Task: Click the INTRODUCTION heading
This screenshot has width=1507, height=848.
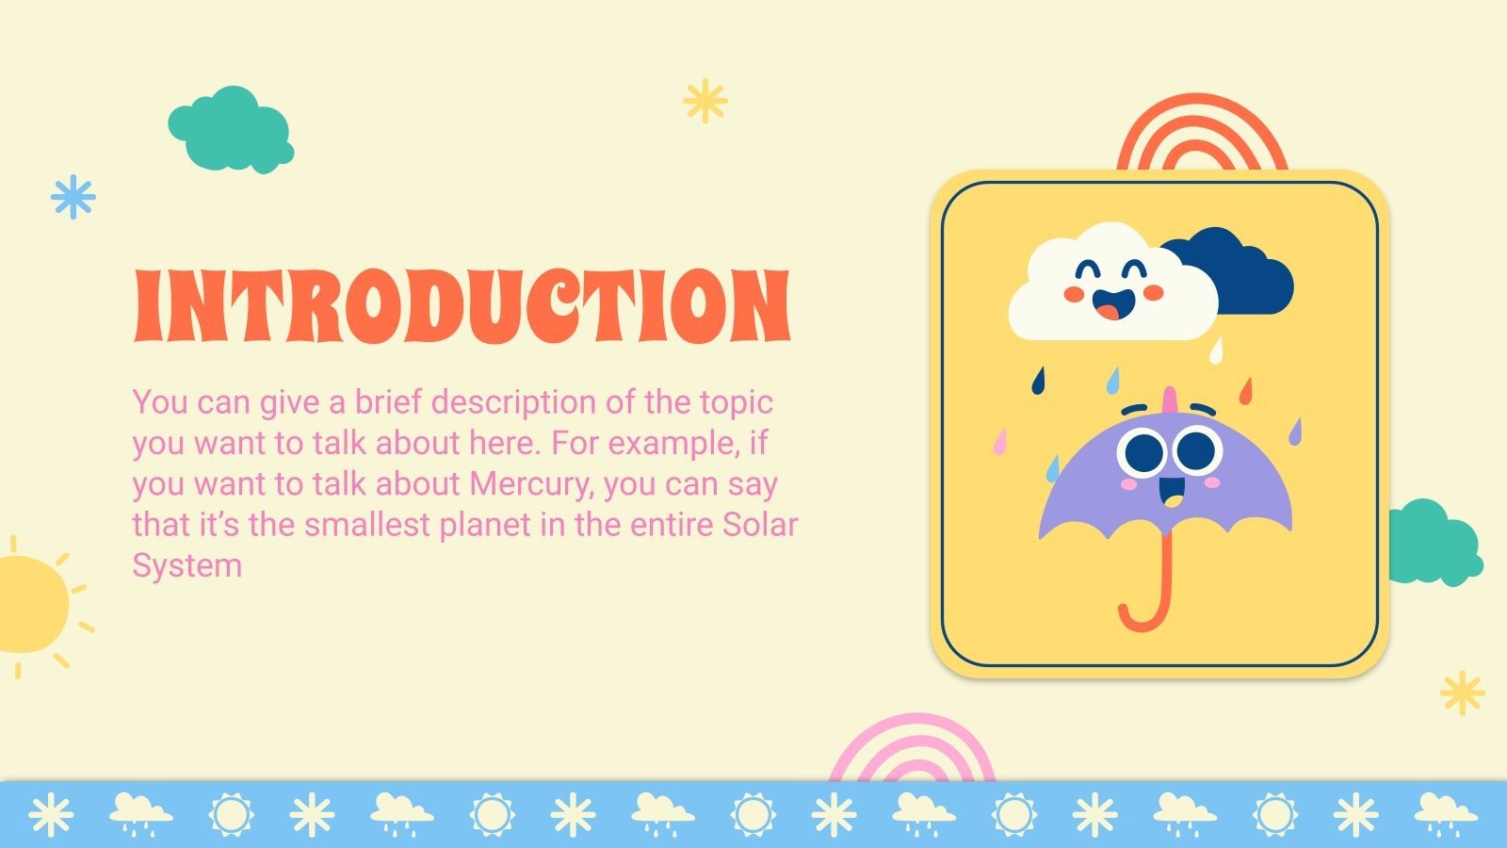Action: click(x=462, y=305)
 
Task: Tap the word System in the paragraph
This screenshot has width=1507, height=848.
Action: click(x=186, y=565)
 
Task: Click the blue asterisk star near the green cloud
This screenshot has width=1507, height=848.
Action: click(x=73, y=197)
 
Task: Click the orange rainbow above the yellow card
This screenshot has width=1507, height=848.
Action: click(x=1202, y=132)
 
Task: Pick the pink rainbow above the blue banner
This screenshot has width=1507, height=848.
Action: click(x=912, y=749)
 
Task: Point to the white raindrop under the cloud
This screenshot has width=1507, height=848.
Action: click(x=1216, y=351)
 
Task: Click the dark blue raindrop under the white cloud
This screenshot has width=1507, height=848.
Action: click(x=1039, y=380)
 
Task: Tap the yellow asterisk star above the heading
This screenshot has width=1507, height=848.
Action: click(x=705, y=101)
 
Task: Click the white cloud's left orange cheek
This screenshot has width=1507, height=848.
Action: click(x=1075, y=294)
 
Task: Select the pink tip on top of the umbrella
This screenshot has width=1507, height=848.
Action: click(x=1171, y=399)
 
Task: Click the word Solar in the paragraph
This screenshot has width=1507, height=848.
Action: click(x=759, y=525)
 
